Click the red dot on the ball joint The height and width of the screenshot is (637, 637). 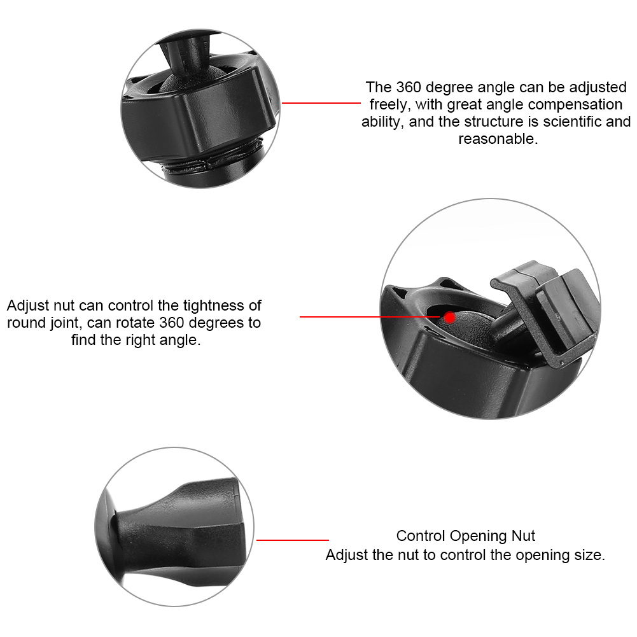(450, 318)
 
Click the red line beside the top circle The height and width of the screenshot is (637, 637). (321, 103)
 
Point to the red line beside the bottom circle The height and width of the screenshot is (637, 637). (293, 540)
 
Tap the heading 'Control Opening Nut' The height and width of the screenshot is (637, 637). (466, 536)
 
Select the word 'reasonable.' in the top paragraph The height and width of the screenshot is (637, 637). (498, 139)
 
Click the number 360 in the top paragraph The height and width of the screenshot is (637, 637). (409, 87)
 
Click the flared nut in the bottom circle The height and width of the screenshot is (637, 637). (179, 528)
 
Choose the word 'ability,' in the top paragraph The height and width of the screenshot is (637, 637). (382, 122)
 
